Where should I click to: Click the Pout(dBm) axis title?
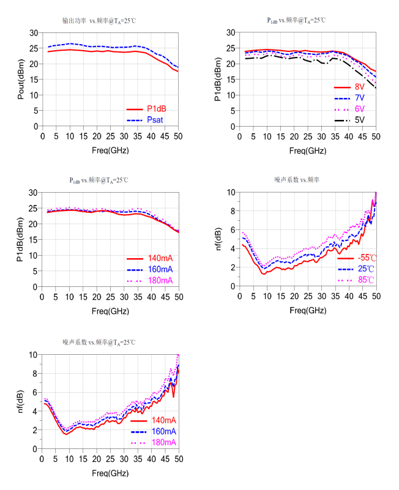pos(21,79)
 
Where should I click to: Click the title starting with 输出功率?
pos(99,21)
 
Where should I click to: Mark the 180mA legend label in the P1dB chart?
pos(160,280)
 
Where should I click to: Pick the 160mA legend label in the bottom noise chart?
pos(162,431)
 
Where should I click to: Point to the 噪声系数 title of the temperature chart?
pos(298,180)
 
